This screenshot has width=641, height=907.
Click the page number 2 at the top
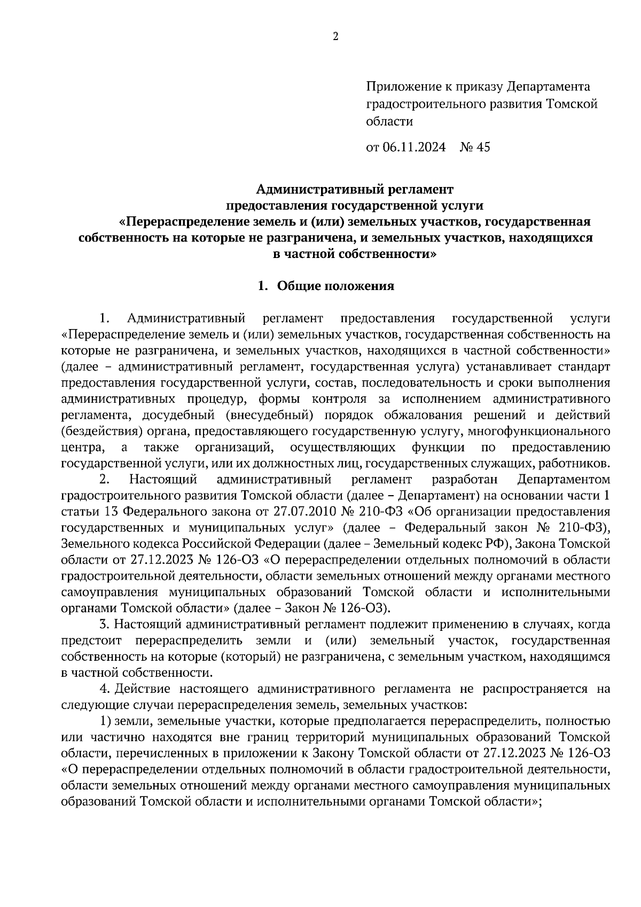(335, 37)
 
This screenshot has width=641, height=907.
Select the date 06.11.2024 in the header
(413, 147)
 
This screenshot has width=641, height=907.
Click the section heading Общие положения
(335, 286)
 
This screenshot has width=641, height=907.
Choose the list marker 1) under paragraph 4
(106, 721)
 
